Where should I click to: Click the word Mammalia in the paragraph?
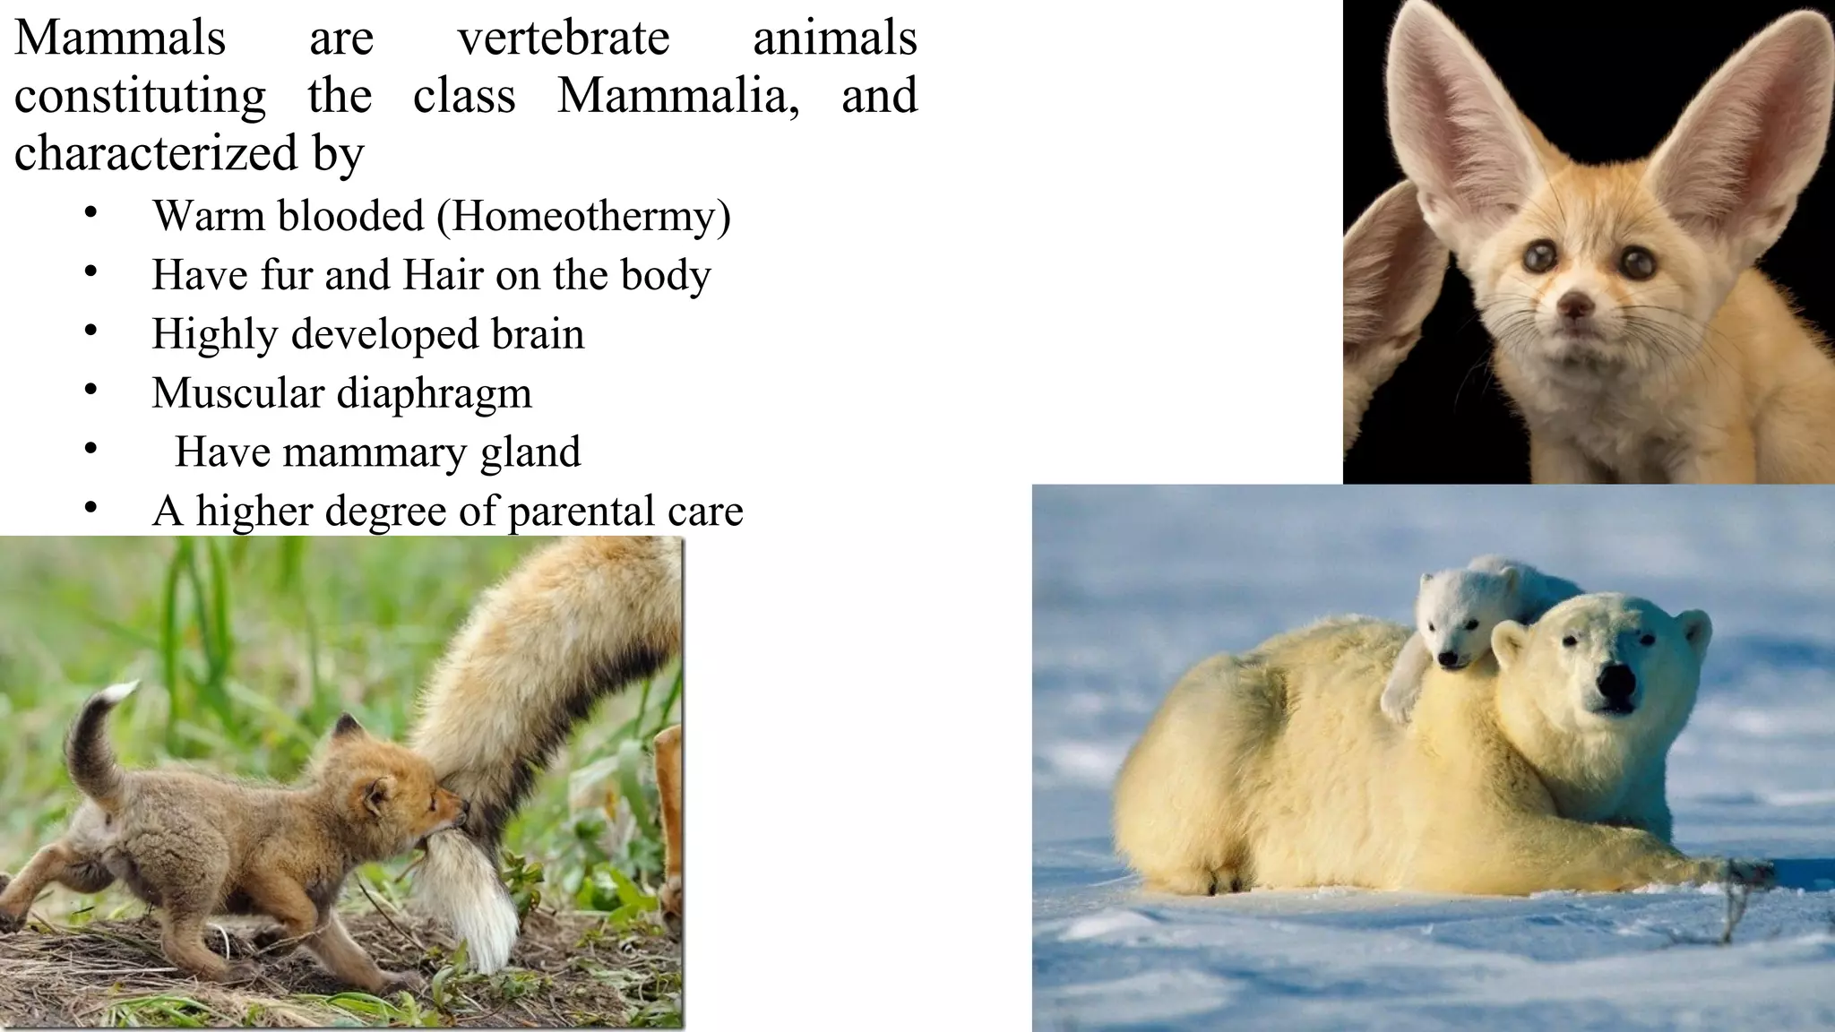coord(677,96)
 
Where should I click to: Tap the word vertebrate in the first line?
coord(564,39)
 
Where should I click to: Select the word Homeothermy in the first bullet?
coord(583,216)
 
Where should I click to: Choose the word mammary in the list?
coord(375,451)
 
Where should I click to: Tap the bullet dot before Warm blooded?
coord(90,213)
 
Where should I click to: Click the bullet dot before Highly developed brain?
coord(90,331)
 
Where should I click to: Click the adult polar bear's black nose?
coord(1614,684)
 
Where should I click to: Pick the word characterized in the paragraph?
coord(156,153)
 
